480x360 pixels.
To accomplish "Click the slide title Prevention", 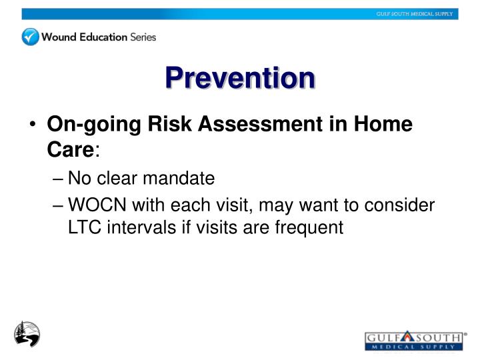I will coord(240,78).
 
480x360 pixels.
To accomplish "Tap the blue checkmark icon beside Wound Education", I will coord(31,37).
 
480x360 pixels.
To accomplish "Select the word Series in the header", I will coord(143,37).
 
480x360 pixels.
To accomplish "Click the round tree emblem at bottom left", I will coord(27,333).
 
